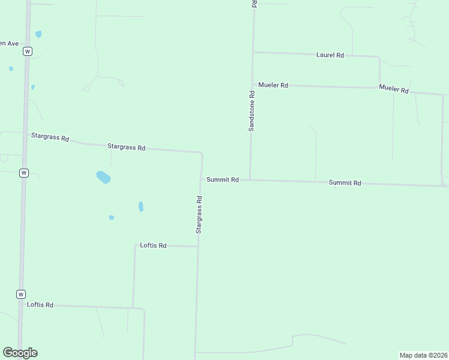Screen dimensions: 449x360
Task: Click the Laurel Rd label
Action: click(330, 55)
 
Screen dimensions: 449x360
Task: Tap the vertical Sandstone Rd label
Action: click(252, 110)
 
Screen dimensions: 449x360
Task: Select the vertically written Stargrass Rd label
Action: click(199, 214)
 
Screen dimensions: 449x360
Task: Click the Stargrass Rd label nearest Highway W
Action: click(50, 137)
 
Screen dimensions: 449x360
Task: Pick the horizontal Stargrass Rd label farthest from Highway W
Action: click(126, 147)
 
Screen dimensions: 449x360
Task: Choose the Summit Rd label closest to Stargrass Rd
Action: click(223, 180)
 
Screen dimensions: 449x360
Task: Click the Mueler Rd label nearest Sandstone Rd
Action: click(273, 85)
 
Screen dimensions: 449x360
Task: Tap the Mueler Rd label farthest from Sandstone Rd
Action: click(394, 89)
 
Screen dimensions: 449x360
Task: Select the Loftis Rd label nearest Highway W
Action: click(40, 305)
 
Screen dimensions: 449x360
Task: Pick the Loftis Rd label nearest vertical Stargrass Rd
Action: click(153, 245)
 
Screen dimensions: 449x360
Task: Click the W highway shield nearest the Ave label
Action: click(27, 52)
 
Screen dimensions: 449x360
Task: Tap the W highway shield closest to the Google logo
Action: click(21, 295)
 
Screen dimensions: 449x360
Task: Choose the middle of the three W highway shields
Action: click(23, 173)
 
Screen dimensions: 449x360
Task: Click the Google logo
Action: click(20, 353)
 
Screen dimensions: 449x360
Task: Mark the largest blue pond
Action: click(103, 177)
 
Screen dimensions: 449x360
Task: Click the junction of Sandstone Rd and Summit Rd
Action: click(250, 180)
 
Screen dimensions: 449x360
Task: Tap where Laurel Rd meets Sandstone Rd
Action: click(253, 52)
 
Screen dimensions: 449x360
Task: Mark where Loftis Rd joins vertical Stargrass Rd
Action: click(197, 246)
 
